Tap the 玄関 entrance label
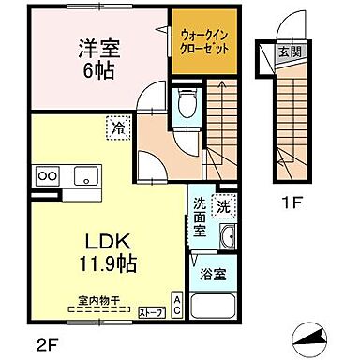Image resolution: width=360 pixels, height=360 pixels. coord(288,52)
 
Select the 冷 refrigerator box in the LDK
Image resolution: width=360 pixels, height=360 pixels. coord(120,124)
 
